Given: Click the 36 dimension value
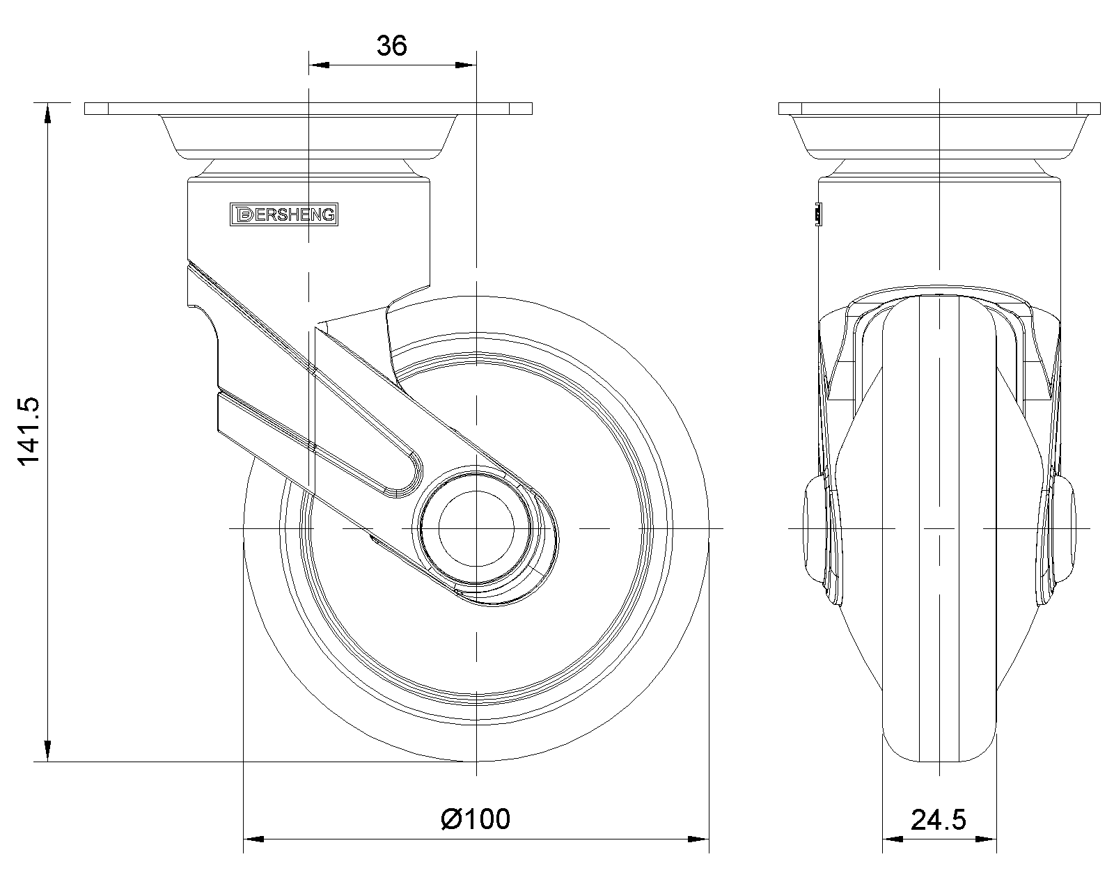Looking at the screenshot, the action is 392,45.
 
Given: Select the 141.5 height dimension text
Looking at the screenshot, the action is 29,432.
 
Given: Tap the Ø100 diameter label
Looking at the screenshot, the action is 476,819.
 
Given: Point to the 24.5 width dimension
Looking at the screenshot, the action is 939,820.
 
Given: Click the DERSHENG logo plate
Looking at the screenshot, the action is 283,214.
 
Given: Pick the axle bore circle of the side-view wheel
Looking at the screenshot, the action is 476,528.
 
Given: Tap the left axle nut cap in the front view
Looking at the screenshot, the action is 813,529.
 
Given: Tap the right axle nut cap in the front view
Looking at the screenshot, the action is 1065,529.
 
